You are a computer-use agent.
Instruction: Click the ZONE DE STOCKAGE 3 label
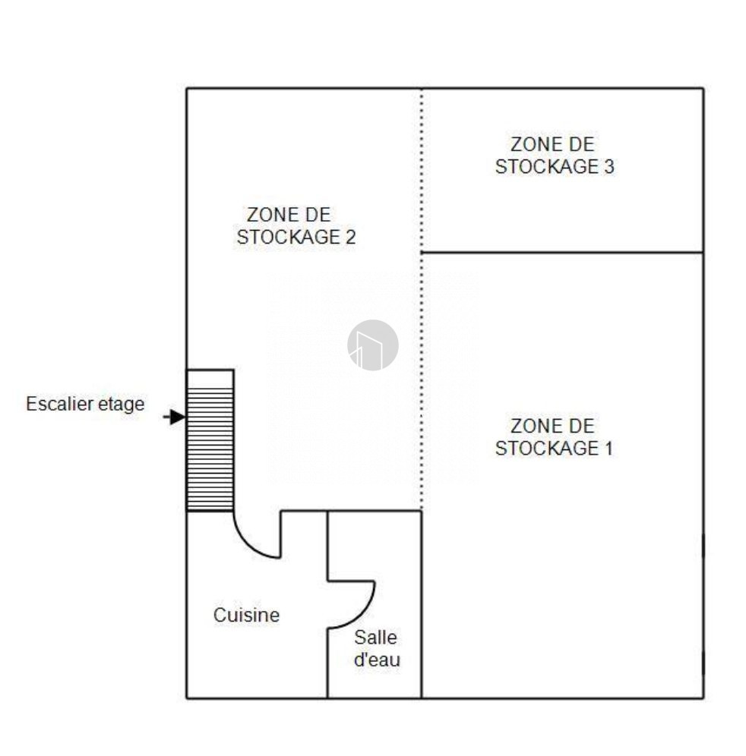pos(555,156)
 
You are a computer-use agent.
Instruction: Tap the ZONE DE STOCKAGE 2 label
pos(296,225)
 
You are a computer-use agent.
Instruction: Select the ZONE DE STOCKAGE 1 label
pos(554,436)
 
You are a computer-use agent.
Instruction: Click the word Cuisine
pos(246,615)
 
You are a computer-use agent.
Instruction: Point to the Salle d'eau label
pos(377,648)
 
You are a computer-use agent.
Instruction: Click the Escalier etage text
pos(85,404)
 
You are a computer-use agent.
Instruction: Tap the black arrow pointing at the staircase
pos(174,417)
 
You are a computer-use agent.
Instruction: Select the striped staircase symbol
pos(210,440)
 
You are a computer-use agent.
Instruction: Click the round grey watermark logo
pos(373,345)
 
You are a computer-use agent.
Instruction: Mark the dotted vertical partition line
pos(422,299)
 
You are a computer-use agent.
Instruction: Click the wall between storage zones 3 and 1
pos(562,252)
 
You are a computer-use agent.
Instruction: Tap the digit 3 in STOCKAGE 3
pos(609,166)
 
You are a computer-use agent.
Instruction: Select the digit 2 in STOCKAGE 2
pos(350,237)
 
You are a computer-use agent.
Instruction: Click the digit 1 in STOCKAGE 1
pos(608,449)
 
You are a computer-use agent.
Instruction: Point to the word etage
pos(121,405)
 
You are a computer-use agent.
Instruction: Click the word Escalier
pos(60,404)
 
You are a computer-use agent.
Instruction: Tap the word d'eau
pos(377,660)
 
